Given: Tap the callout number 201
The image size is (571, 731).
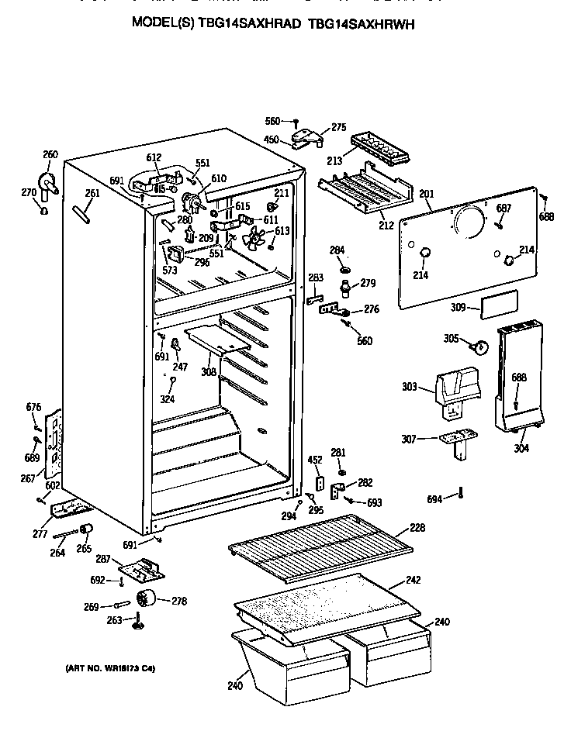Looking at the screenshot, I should (x=427, y=194).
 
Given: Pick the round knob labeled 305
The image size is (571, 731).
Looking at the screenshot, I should (x=479, y=346).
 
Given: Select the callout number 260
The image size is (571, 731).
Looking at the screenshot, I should (x=50, y=154).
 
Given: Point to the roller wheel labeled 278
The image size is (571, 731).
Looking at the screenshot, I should (x=145, y=599).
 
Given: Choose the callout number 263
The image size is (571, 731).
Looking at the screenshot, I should (x=114, y=619).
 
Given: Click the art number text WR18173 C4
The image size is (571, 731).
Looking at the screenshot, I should (x=105, y=668).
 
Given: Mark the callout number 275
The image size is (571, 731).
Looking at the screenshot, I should (x=338, y=127).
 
